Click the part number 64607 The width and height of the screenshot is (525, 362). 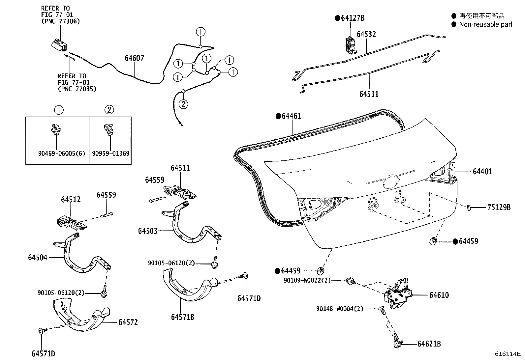click(x=134, y=58)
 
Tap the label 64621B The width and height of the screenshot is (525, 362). click(x=429, y=344)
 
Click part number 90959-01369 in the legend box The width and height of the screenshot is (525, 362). click(x=110, y=153)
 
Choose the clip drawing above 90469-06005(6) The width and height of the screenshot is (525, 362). click(x=56, y=129)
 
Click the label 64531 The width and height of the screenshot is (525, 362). click(x=369, y=94)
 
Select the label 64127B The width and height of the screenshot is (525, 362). click(x=353, y=18)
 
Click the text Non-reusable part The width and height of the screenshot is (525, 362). click(x=485, y=24)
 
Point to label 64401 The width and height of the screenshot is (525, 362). click(x=482, y=172)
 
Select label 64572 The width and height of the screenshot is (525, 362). click(x=128, y=322)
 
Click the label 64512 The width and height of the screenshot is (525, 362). click(x=71, y=200)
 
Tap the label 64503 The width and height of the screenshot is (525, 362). click(x=148, y=231)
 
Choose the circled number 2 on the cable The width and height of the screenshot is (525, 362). click(x=183, y=104)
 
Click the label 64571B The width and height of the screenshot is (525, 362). click(x=183, y=317)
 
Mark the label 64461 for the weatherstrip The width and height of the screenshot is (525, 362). click(x=291, y=116)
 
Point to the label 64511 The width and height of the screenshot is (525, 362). click(x=180, y=168)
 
